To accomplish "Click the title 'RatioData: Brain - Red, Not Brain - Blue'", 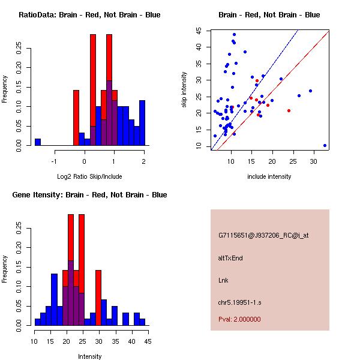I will click(89, 15).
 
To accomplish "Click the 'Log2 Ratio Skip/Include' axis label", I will click(89, 176).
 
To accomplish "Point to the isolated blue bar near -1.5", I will click(38, 142).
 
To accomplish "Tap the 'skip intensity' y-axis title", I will click(184, 90).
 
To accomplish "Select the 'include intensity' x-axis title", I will click(269, 176).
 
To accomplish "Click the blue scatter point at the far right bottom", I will click(325, 145).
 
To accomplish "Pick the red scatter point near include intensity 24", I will click(289, 110).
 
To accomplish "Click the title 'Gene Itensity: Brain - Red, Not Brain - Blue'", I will click(89, 195).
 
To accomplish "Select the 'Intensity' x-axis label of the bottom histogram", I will click(89, 356).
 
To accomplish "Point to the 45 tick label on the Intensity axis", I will click(148, 341).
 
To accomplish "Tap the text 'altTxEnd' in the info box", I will click(230, 258).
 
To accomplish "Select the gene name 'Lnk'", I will click(223, 280).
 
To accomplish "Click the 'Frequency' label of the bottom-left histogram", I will click(5, 270).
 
